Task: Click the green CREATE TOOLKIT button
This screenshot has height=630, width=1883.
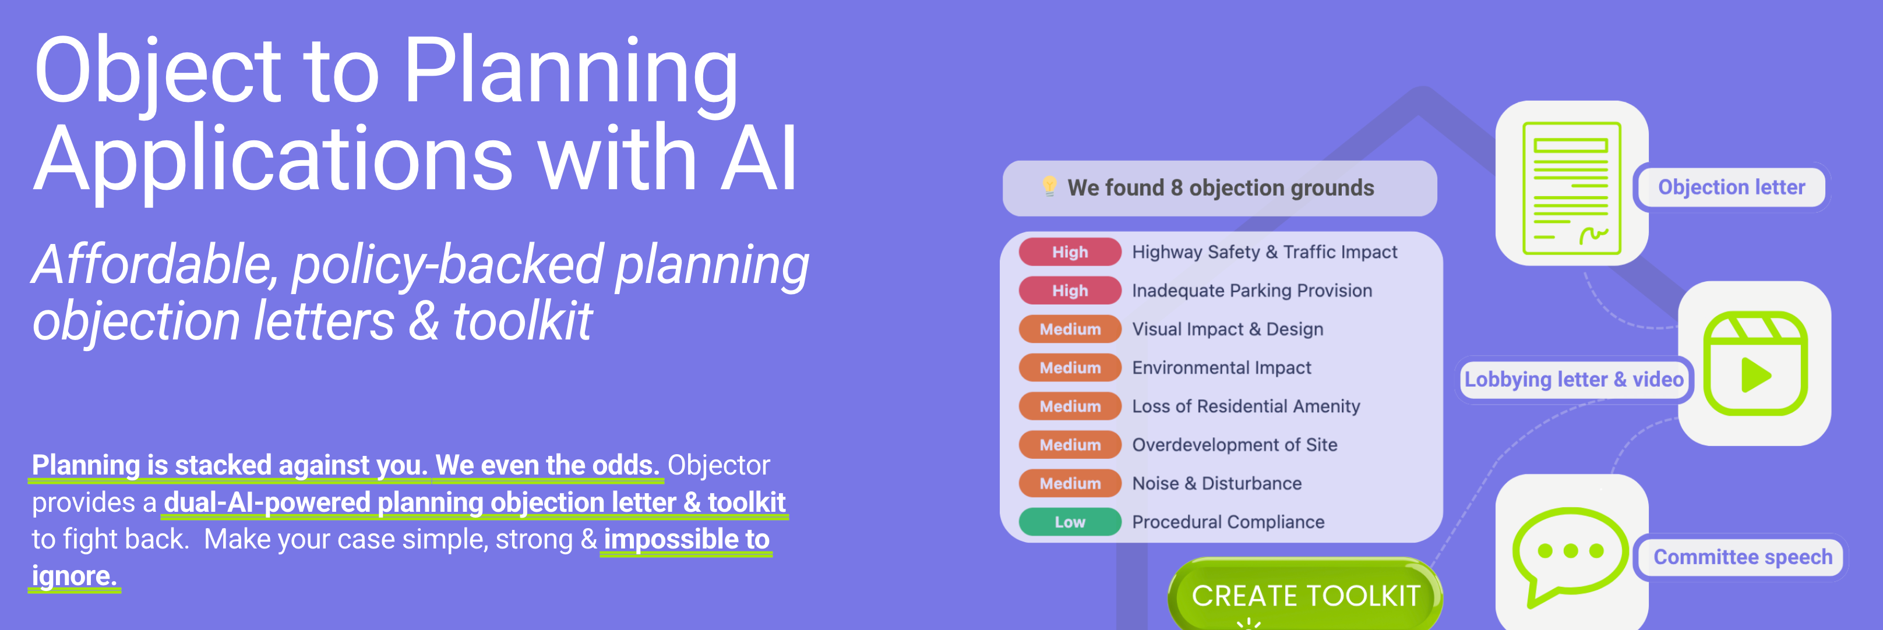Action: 1305,595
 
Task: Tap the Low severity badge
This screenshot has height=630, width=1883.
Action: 1070,522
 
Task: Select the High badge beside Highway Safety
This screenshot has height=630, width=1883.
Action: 1070,252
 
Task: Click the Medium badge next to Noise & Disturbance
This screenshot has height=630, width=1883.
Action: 1070,483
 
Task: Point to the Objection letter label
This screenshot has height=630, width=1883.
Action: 1731,187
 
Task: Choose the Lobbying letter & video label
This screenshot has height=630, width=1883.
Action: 1574,379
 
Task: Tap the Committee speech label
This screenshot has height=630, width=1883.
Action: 1743,557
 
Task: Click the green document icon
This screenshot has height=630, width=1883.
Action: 1571,189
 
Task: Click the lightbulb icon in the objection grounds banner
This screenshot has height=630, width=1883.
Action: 1049,186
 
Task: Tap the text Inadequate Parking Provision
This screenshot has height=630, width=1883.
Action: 1251,291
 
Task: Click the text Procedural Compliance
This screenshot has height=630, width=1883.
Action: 1228,522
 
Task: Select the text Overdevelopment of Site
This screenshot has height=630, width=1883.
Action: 1235,444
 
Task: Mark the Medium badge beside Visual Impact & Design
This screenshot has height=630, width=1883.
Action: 1070,329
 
